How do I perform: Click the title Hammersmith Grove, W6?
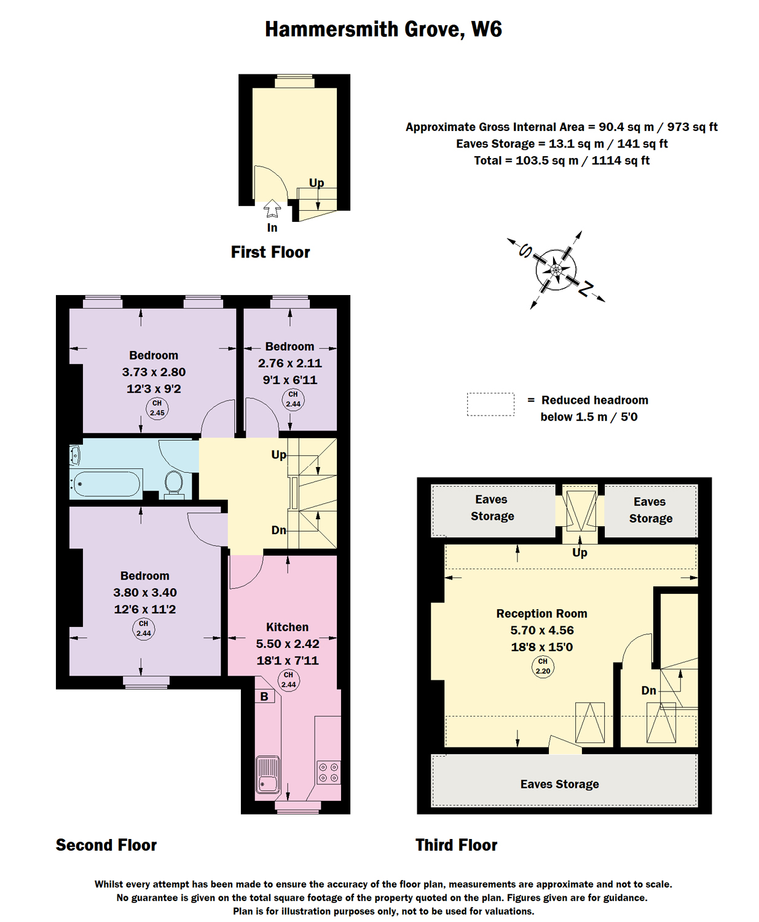[383, 30]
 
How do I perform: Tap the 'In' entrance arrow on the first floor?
[272, 209]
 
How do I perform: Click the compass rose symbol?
[556, 269]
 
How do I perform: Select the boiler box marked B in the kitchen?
[264, 696]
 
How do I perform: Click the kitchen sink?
[267, 774]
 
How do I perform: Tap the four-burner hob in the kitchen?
[328, 773]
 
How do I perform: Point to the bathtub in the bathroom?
[106, 484]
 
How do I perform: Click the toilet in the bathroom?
[174, 484]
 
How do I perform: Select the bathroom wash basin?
[75, 455]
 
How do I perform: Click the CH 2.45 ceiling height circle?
[157, 408]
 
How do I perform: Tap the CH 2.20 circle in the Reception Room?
[543, 666]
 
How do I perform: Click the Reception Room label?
[541, 613]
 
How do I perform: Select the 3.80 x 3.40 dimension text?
[144, 593]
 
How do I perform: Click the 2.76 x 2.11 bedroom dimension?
[289, 363]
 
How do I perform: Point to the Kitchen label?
[287, 627]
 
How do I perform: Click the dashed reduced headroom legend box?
[490, 404]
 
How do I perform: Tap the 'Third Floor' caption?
[456, 845]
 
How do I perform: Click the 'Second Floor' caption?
[106, 845]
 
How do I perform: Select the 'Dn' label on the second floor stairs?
[278, 530]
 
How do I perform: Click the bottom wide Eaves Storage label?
[559, 784]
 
